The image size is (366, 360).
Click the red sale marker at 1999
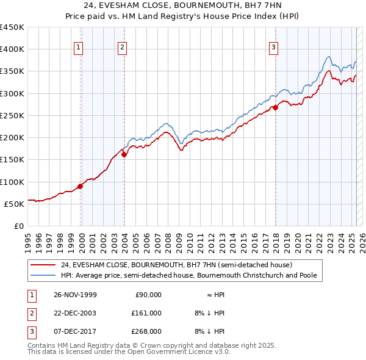point(80,186)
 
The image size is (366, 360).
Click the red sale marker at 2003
point(124,154)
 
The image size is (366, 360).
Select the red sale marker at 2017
point(275,107)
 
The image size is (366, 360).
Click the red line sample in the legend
point(43,265)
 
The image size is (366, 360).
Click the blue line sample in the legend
point(43,275)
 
